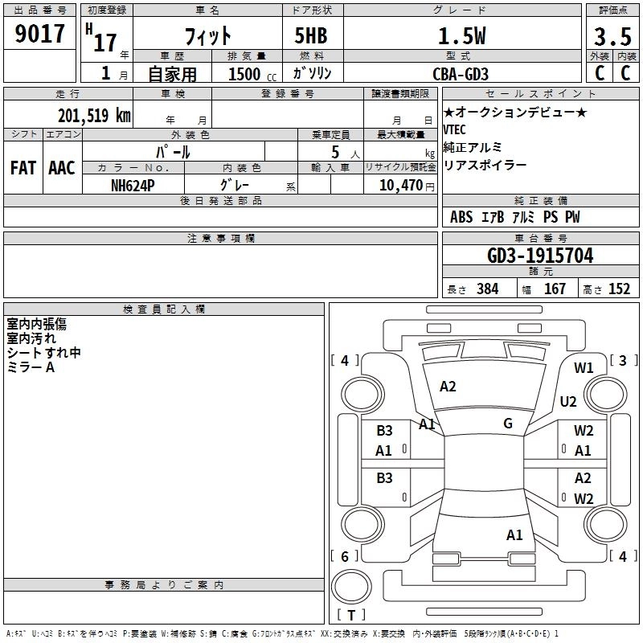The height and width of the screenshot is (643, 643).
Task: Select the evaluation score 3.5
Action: click(611, 37)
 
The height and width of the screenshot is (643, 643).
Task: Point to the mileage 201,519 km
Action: click(93, 116)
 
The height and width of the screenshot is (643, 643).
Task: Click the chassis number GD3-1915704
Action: click(541, 256)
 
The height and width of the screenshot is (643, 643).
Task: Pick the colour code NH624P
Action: click(133, 184)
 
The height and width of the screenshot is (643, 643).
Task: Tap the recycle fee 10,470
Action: click(399, 185)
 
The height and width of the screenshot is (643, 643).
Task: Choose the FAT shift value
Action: click(23, 168)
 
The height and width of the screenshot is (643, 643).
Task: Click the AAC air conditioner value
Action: click(61, 168)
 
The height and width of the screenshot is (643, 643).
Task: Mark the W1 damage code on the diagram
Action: click(584, 368)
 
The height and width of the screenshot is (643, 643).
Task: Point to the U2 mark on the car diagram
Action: click(569, 401)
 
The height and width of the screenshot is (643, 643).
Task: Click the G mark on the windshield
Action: click(507, 424)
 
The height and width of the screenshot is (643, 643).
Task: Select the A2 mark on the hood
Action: click(448, 387)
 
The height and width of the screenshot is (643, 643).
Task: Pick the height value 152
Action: click(619, 289)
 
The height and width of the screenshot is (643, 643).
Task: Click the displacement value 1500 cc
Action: click(250, 74)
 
